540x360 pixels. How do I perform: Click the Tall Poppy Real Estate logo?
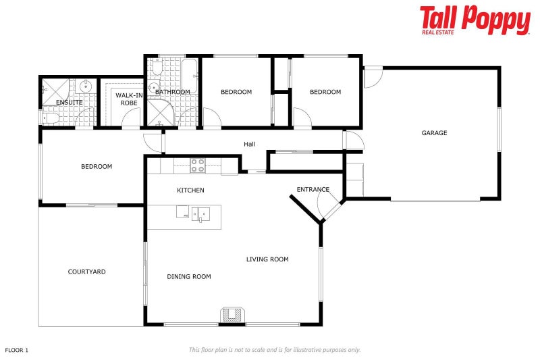click(475, 21)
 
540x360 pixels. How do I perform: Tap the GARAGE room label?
click(434, 133)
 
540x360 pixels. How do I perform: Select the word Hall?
click(250, 144)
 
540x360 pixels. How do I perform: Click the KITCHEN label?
click(190, 190)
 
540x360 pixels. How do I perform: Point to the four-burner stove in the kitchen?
click(197, 165)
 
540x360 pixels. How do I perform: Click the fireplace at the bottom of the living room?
click(232, 315)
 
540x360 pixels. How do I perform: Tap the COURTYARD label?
click(86, 272)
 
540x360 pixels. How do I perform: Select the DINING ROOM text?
click(189, 276)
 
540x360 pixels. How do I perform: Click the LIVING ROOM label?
click(267, 259)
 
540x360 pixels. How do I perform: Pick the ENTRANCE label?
click(313, 190)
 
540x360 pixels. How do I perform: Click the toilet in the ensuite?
click(48, 118)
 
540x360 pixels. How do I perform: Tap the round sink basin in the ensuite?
click(86, 86)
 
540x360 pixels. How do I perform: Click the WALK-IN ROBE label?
click(129, 99)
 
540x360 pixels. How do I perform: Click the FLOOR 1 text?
click(17, 350)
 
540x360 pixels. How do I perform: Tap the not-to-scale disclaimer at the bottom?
click(274, 350)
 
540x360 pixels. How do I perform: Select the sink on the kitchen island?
click(201, 215)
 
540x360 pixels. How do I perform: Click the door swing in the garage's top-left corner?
click(372, 77)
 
